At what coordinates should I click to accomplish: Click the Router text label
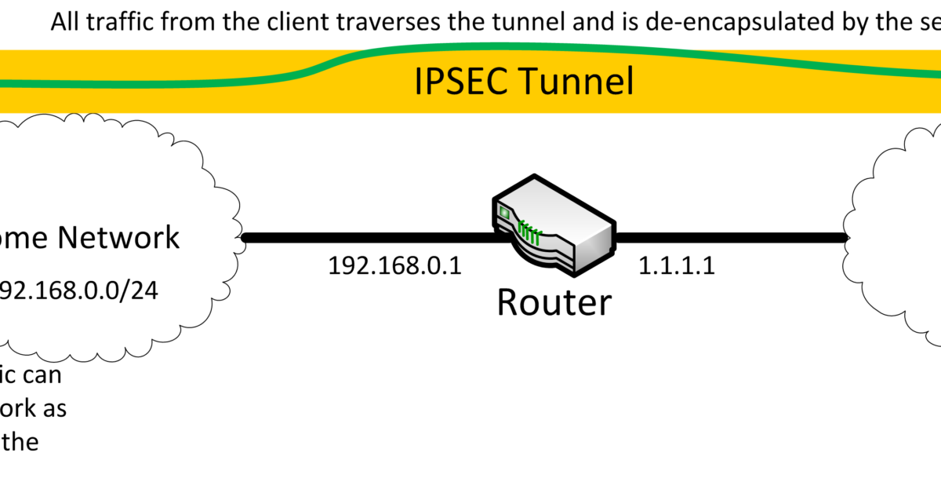tap(554, 301)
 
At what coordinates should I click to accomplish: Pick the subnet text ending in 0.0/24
tap(78, 291)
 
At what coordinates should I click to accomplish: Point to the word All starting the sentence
tap(67, 21)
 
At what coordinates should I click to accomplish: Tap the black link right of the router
tap(729, 236)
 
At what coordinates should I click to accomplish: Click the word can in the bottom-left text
tap(41, 374)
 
